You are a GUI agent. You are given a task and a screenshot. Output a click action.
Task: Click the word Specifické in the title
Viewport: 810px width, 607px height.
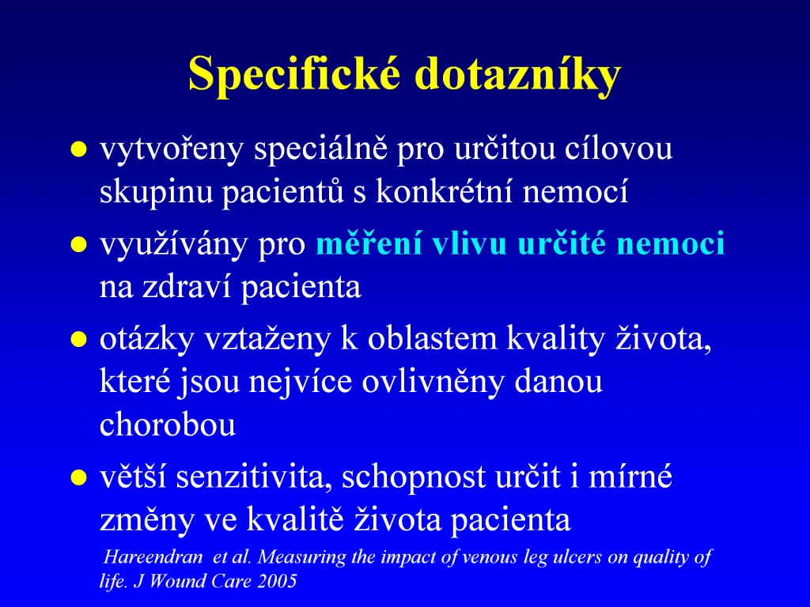[x=294, y=74]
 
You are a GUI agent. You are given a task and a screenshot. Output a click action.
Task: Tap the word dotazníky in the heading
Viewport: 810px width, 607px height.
[x=517, y=74]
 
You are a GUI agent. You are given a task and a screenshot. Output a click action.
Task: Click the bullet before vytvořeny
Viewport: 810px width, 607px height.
[x=78, y=149]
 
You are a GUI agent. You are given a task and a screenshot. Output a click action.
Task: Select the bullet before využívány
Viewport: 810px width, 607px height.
[x=78, y=245]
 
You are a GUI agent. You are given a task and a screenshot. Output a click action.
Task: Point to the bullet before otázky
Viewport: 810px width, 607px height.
[x=78, y=340]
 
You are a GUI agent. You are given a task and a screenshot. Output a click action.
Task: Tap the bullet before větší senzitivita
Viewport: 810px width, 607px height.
[x=78, y=478]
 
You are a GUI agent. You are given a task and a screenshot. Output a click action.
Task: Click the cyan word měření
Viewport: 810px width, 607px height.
[x=369, y=243]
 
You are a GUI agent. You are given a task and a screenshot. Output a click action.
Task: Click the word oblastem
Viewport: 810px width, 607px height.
[x=433, y=339]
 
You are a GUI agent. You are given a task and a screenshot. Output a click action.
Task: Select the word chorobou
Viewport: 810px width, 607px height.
[x=168, y=424]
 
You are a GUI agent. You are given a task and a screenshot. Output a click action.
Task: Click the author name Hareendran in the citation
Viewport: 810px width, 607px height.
[x=153, y=557]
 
